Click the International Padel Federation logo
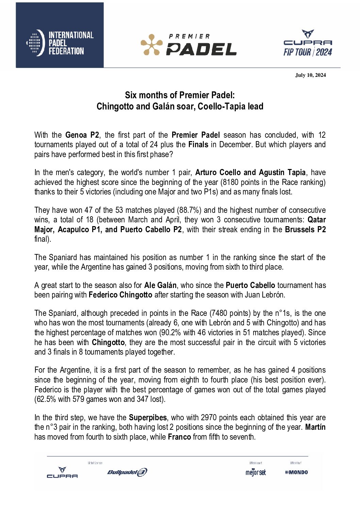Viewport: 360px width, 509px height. [x=60, y=43]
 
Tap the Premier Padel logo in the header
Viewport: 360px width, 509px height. [x=189, y=45]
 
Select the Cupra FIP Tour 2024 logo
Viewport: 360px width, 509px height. [x=308, y=43]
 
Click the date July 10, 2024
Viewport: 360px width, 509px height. [x=310, y=75]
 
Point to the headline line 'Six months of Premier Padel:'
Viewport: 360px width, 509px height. [x=180, y=95]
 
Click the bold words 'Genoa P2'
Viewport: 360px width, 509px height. [x=82, y=135]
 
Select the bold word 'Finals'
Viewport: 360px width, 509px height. [x=198, y=145]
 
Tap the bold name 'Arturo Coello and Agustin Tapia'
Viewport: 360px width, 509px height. [x=250, y=172]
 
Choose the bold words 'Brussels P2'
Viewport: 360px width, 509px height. [x=305, y=230]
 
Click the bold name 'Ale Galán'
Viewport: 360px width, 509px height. [x=160, y=285]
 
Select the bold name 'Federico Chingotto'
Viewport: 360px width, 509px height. [x=120, y=295]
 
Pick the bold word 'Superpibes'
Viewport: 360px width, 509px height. [x=148, y=418]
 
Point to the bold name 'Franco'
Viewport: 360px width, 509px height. [x=179, y=437]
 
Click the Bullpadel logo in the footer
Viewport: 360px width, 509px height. [x=127, y=472]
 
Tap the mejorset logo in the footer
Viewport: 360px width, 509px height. [x=256, y=472]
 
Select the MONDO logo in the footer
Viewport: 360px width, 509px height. [x=296, y=472]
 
